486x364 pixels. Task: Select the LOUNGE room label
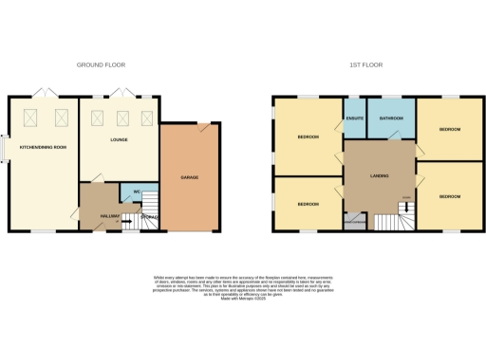119,140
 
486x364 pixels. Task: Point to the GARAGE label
189,177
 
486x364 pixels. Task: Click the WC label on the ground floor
138,192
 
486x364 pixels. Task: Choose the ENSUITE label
355,118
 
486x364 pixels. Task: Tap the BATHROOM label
391,118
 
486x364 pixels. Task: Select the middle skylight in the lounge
121,118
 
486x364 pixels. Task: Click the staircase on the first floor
391,222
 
